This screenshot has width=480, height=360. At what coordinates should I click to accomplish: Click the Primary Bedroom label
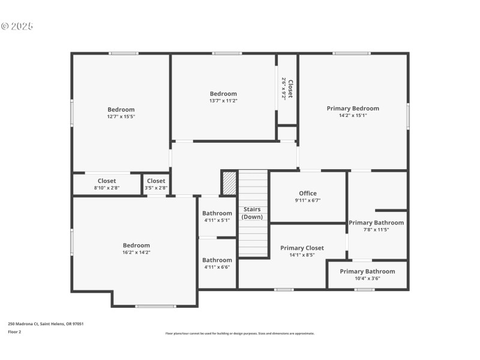click(353, 109)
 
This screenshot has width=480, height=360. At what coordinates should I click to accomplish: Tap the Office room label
click(308, 193)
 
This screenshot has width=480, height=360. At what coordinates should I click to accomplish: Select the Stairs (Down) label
click(252, 213)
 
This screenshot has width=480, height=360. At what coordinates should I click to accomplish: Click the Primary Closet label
click(302, 248)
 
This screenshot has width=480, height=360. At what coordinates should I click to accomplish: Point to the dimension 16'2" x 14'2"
click(136, 253)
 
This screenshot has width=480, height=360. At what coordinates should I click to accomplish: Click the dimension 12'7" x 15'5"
click(121, 117)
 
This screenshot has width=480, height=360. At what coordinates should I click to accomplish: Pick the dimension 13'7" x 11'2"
click(223, 101)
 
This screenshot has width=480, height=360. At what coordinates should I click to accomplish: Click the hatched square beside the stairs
click(229, 183)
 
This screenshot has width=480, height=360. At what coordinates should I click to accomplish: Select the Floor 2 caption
click(14, 331)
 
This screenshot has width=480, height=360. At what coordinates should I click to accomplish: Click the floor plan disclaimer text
click(240, 334)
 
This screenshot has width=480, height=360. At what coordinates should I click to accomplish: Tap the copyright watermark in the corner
click(17, 26)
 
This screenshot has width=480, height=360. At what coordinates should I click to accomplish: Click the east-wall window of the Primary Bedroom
click(408, 116)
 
